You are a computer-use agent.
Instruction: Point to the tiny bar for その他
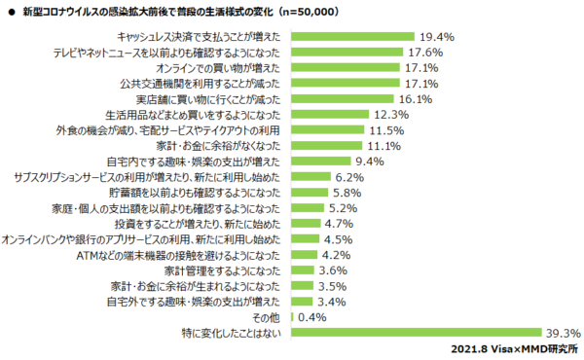pos(294,317)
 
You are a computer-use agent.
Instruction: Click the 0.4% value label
pos(312,317)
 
